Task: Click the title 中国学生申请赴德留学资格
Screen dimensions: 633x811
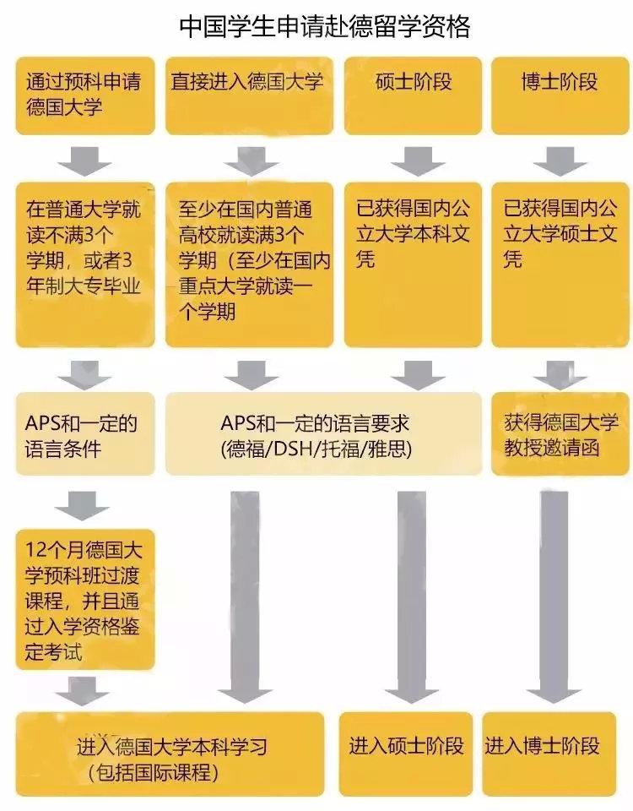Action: point(324,26)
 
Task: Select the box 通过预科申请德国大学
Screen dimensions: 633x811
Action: point(85,95)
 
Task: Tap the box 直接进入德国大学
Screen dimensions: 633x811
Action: point(249,95)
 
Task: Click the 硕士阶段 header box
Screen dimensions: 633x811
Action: point(413,95)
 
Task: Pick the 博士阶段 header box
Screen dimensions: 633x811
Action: point(560,95)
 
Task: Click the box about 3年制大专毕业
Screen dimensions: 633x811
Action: point(85,264)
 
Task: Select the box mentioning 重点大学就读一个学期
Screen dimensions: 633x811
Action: point(249,264)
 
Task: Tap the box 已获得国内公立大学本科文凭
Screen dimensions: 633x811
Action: point(413,264)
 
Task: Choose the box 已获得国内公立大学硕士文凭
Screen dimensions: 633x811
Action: point(560,264)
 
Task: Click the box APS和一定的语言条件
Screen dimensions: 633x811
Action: point(85,434)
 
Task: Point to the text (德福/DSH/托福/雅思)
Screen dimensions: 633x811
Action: point(316,449)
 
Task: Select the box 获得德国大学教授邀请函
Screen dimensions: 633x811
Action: point(560,434)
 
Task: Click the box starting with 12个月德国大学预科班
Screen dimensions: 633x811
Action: point(85,600)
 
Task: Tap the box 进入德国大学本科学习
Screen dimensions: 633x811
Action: point(170,754)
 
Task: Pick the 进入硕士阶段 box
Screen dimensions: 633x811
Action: point(406,754)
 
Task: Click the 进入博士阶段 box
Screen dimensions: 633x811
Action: point(549,754)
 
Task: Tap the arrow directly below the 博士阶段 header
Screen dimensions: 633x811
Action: point(560,161)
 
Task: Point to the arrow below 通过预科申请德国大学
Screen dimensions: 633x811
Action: point(84,161)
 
